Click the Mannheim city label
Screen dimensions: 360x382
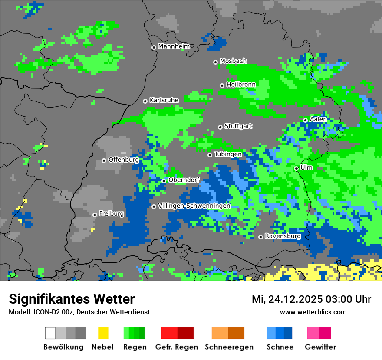click(x=174, y=46)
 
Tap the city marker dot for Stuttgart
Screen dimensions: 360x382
click(x=221, y=127)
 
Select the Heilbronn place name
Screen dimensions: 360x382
click(x=241, y=85)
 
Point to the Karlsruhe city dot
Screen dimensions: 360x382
click(x=145, y=101)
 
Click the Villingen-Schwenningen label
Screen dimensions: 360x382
click(x=194, y=206)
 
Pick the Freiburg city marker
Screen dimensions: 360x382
click(x=95, y=215)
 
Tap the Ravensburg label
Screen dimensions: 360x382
click(x=283, y=236)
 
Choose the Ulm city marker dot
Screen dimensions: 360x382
click(x=296, y=168)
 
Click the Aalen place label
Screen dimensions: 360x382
click(x=318, y=119)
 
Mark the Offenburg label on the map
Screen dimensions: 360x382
click(x=123, y=160)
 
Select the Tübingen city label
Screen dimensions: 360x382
click(x=228, y=154)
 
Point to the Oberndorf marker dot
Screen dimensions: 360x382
click(x=164, y=181)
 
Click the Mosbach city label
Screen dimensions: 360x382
click(x=233, y=61)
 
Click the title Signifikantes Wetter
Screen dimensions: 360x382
click(x=72, y=299)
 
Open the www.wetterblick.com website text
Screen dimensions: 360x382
click(x=313, y=312)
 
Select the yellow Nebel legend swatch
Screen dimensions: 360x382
click(x=103, y=333)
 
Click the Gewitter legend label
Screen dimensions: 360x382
click(x=320, y=347)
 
